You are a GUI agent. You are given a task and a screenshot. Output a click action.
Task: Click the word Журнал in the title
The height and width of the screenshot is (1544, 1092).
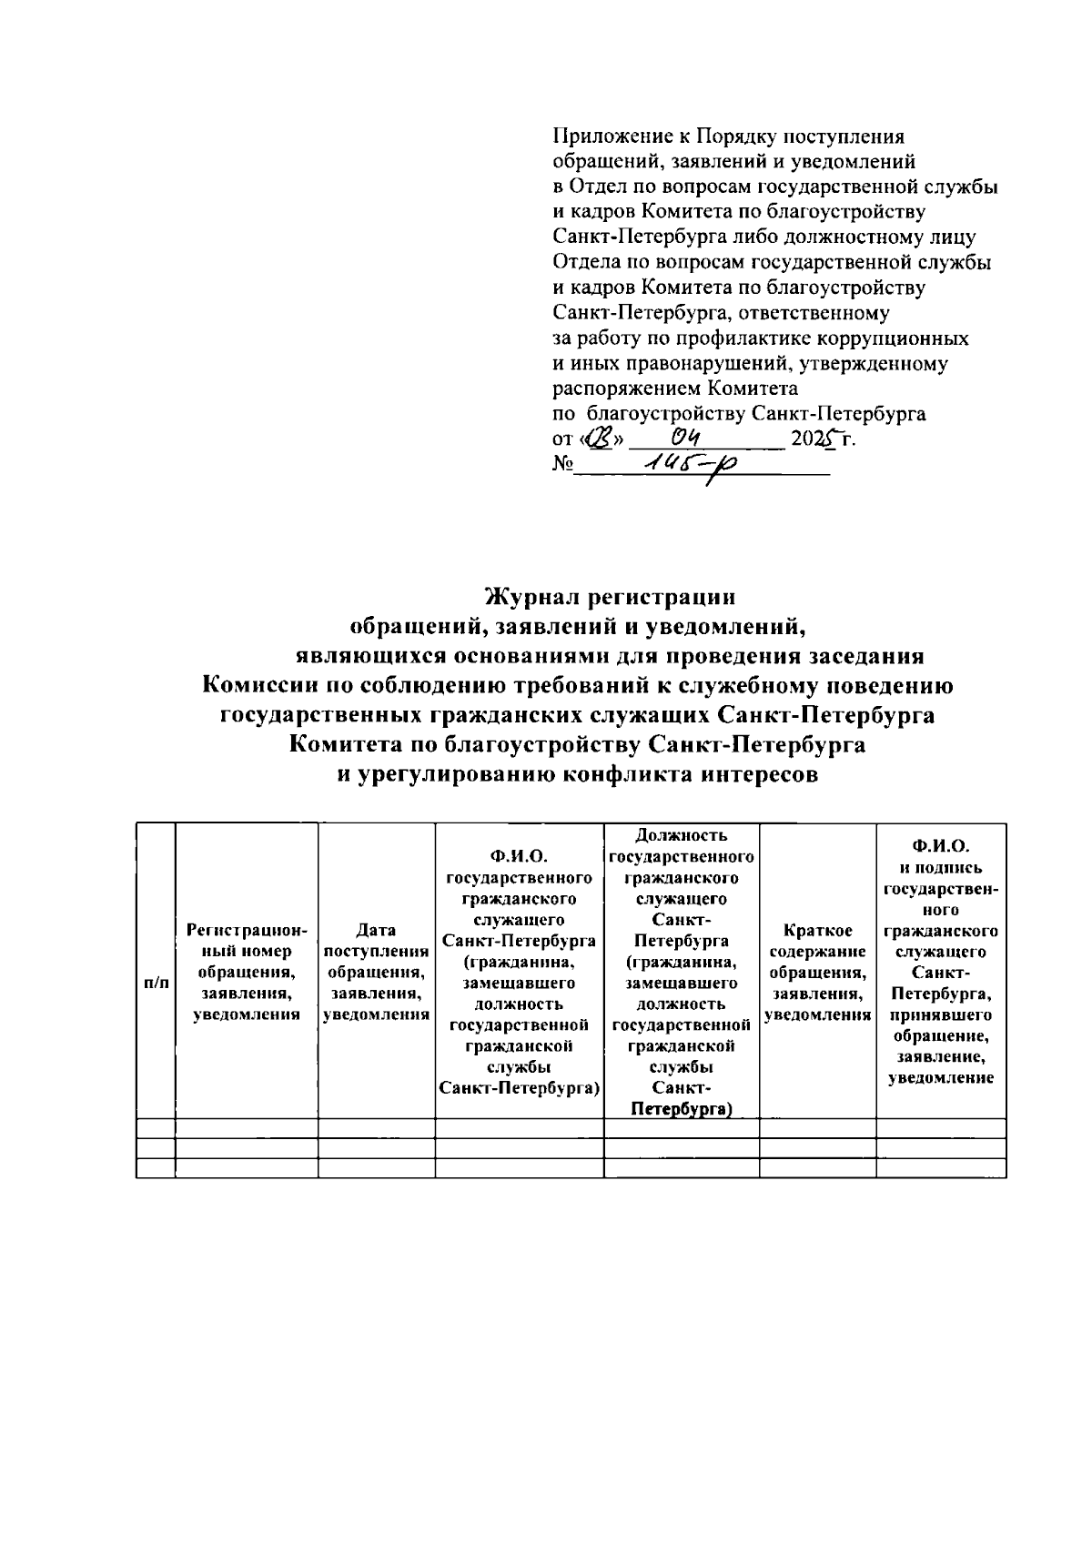[x=531, y=597]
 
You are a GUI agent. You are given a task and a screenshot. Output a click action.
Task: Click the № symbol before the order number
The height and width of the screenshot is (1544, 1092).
[x=562, y=464]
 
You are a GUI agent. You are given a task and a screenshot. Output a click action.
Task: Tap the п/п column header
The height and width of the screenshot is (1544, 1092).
[x=157, y=983]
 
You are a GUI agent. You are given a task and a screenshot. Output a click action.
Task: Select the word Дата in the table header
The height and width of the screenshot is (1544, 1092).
[x=376, y=930]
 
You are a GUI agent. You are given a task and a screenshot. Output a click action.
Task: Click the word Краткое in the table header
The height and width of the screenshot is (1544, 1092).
[x=817, y=930]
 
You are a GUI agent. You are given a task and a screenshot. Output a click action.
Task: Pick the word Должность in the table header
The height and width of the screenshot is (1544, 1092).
[x=682, y=834]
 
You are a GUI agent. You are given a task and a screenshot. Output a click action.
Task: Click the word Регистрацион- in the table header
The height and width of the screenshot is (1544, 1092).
[x=247, y=930]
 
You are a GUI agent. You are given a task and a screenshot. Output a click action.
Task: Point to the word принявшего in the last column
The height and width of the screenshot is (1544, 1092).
[x=941, y=1014]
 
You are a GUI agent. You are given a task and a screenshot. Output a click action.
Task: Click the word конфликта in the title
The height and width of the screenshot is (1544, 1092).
[x=622, y=775]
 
